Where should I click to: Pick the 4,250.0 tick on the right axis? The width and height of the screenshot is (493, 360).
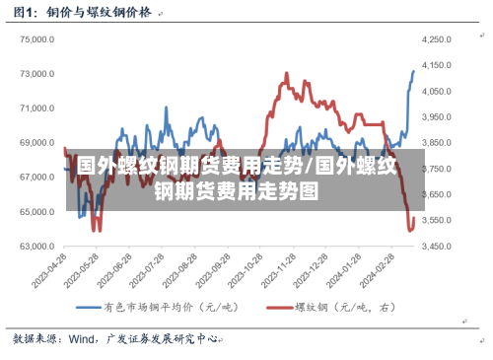(x=436, y=39)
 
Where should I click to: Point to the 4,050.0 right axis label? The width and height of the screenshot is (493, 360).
(x=436, y=91)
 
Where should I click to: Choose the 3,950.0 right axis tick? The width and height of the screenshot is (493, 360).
(x=436, y=117)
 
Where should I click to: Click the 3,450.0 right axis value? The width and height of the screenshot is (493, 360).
(x=436, y=247)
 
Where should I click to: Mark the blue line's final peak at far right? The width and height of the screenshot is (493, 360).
(x=413, y=71)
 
